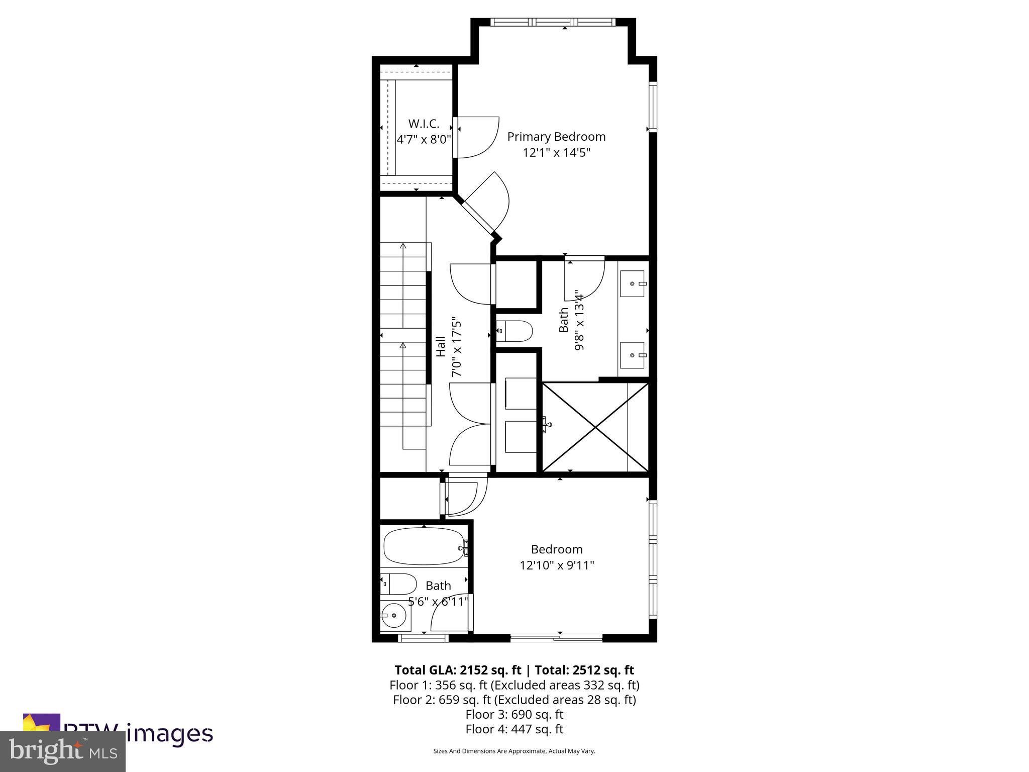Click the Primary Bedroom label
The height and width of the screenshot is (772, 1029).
556,137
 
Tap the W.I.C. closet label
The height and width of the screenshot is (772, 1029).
424,124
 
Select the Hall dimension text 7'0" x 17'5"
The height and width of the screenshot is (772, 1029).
456,347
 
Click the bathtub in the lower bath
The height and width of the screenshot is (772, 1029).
424,546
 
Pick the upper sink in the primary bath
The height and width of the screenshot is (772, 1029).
632,283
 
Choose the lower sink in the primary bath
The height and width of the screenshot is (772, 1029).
632,355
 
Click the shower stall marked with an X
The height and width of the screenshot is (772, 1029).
596,428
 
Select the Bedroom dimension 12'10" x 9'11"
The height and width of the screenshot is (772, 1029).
557,565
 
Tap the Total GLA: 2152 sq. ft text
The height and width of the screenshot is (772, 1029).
459,670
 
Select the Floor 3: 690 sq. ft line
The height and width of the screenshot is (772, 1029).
514,714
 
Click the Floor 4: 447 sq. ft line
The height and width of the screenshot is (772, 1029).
514,729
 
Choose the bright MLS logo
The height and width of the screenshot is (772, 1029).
63,751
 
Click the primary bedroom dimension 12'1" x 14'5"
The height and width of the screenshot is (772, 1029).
556,152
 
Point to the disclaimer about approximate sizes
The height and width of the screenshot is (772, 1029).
514,765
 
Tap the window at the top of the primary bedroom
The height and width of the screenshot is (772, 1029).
553,22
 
